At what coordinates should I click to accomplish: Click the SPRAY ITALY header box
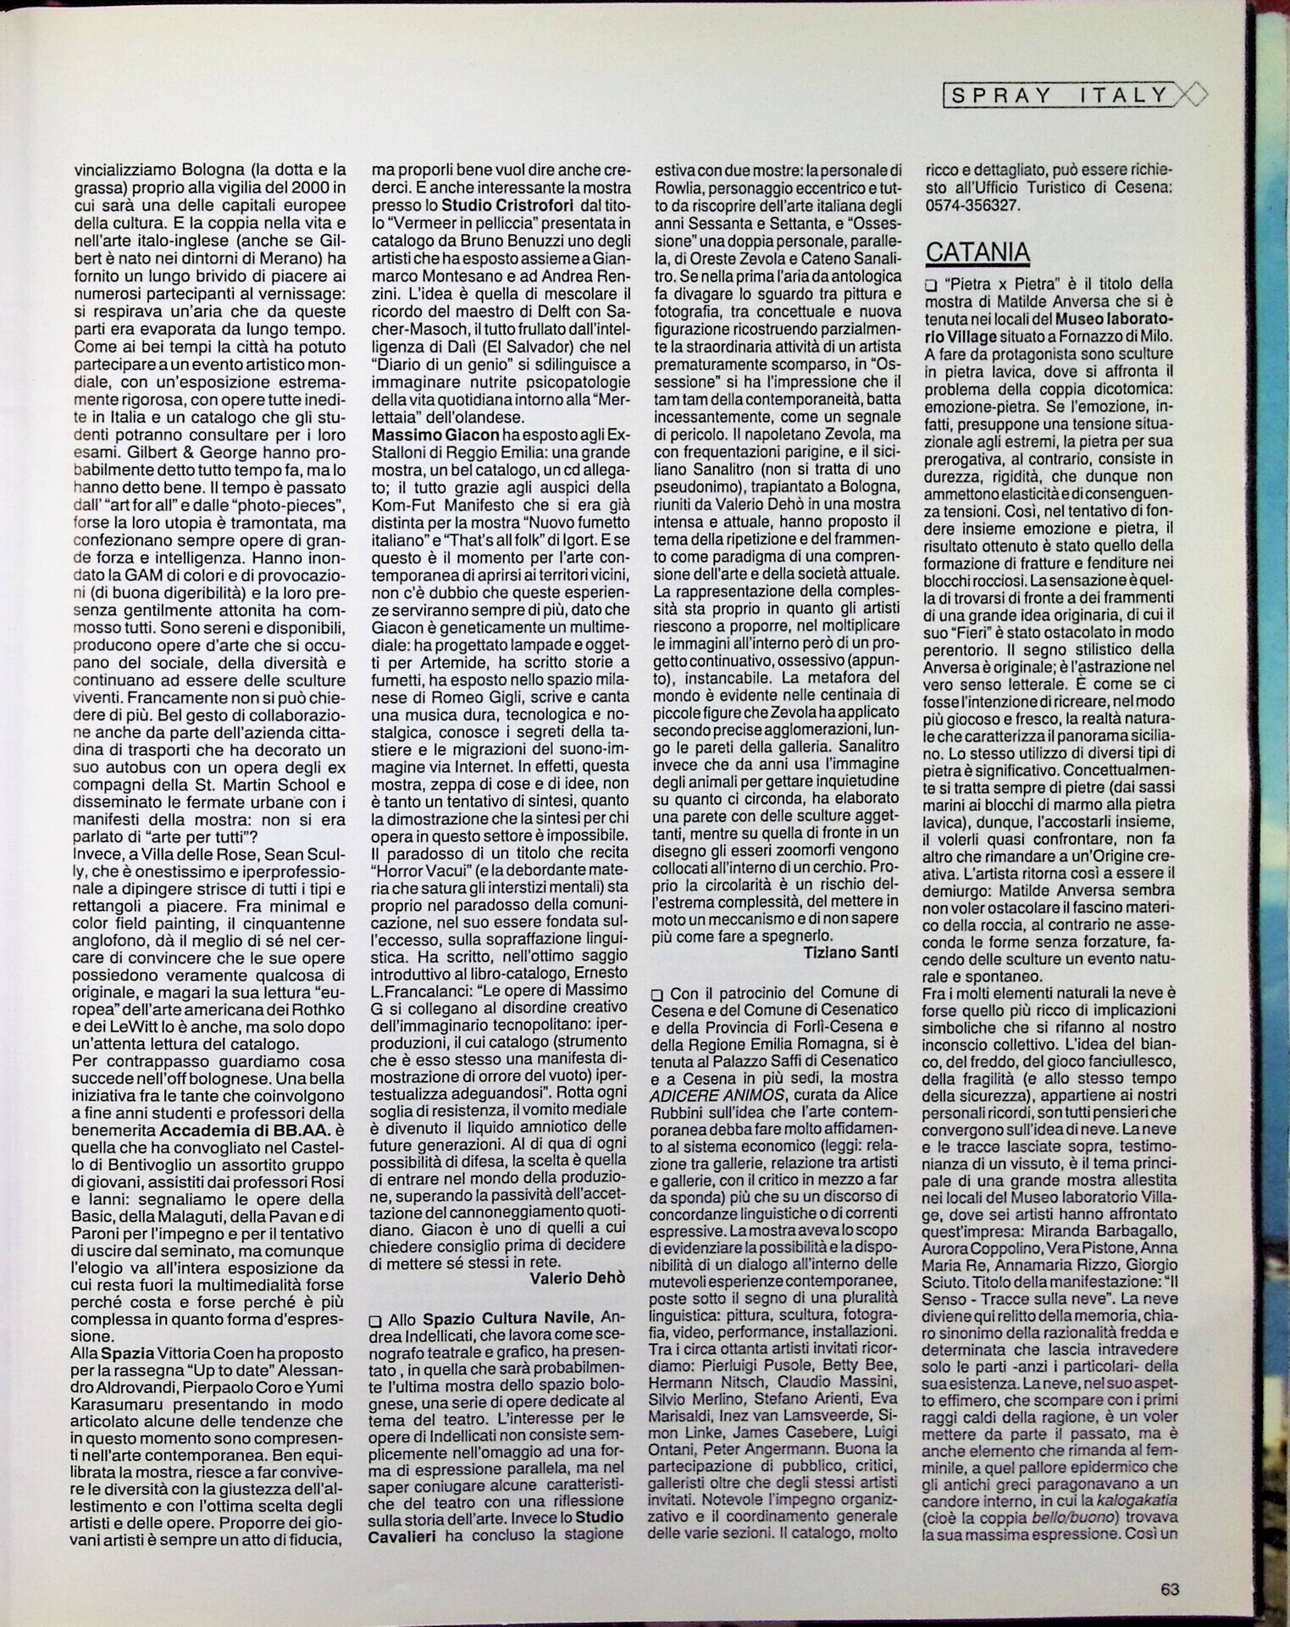coord(1060,95)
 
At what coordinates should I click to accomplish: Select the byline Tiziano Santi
coord(850,952)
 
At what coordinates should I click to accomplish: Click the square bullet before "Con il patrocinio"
coord(657,991)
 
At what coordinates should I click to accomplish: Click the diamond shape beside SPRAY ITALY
coord(1189,95)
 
